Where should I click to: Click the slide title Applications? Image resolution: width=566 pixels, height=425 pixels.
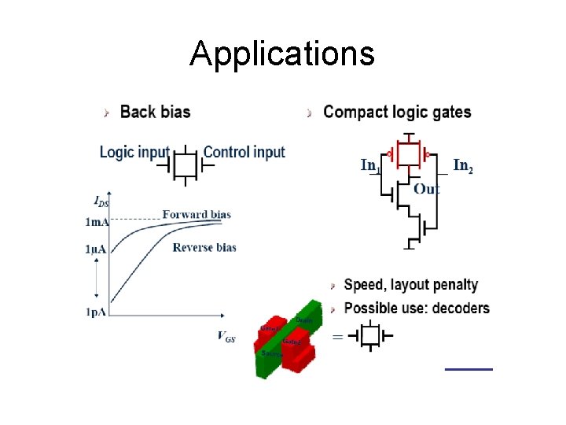[282, 54]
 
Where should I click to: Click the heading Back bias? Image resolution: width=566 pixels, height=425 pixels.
[155, 112]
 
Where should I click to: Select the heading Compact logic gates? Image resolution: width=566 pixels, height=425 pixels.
[397, 112]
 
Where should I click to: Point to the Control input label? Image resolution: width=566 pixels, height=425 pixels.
[244, 152]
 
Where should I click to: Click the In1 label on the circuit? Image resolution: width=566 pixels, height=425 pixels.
[370, 165]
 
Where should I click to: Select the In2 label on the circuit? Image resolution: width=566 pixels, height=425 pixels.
[463, 165]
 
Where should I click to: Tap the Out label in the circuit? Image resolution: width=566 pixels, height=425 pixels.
[426, 189]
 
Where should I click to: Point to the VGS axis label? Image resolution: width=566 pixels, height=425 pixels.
[226, 336]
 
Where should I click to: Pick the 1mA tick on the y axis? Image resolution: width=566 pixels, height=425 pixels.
[97, 222]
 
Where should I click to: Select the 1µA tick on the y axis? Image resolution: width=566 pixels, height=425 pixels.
[97, 249]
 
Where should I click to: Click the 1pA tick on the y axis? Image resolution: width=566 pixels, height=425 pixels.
[97, 312]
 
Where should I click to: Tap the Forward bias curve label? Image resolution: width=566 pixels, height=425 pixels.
[197, 214]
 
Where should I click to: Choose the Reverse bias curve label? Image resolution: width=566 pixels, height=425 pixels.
[204, 247]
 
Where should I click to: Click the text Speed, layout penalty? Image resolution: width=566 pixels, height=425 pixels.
[411, 285]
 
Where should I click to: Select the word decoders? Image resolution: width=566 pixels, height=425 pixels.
[458, 308]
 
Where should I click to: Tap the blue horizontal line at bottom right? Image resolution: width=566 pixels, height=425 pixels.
[469, 368]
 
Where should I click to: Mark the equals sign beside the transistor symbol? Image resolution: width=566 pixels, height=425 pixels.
[337, 337]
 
